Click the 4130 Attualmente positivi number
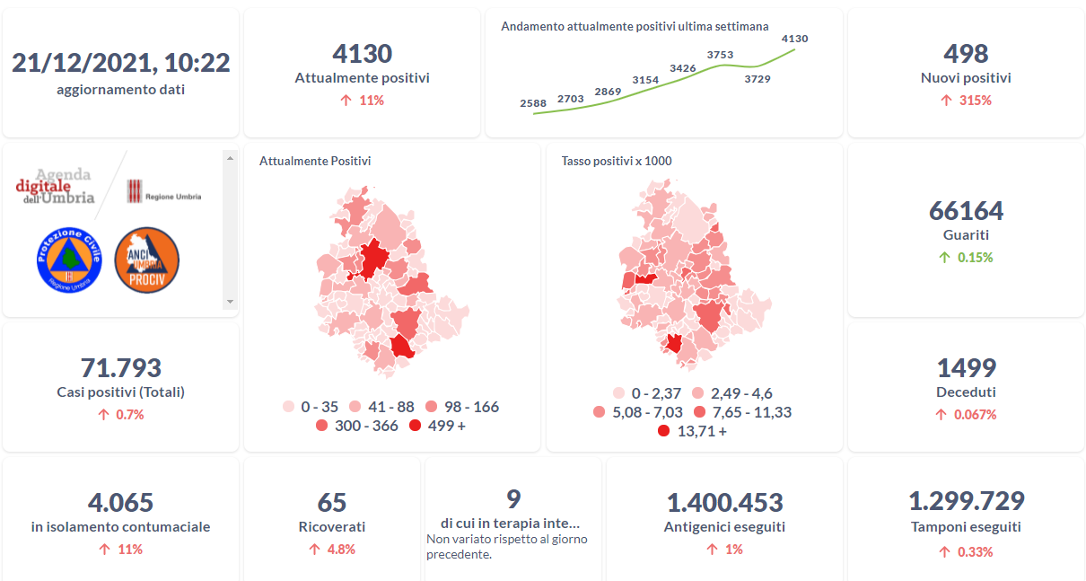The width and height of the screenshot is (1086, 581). (362, 54)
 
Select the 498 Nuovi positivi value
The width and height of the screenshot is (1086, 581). (966, 54)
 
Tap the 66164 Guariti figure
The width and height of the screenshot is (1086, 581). (966, 211)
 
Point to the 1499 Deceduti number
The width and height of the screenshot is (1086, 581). (966, 368)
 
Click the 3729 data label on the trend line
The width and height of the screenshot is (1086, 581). (757, 79)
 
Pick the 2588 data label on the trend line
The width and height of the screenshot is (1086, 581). (533, 103)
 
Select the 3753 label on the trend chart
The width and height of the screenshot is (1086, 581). (720, 55)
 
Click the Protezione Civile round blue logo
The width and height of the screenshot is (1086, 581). (68, 260)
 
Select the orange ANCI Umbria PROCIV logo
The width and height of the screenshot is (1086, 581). (146, 260)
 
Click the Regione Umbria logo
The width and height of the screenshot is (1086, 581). (163, 191)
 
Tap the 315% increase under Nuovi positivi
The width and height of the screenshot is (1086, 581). (966, 101)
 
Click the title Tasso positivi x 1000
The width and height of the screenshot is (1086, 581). (617, 162)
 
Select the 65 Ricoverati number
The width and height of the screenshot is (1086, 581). (331, 503)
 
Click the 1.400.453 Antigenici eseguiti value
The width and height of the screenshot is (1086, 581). (724, 503)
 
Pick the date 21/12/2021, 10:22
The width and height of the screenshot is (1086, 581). (121, 63)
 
